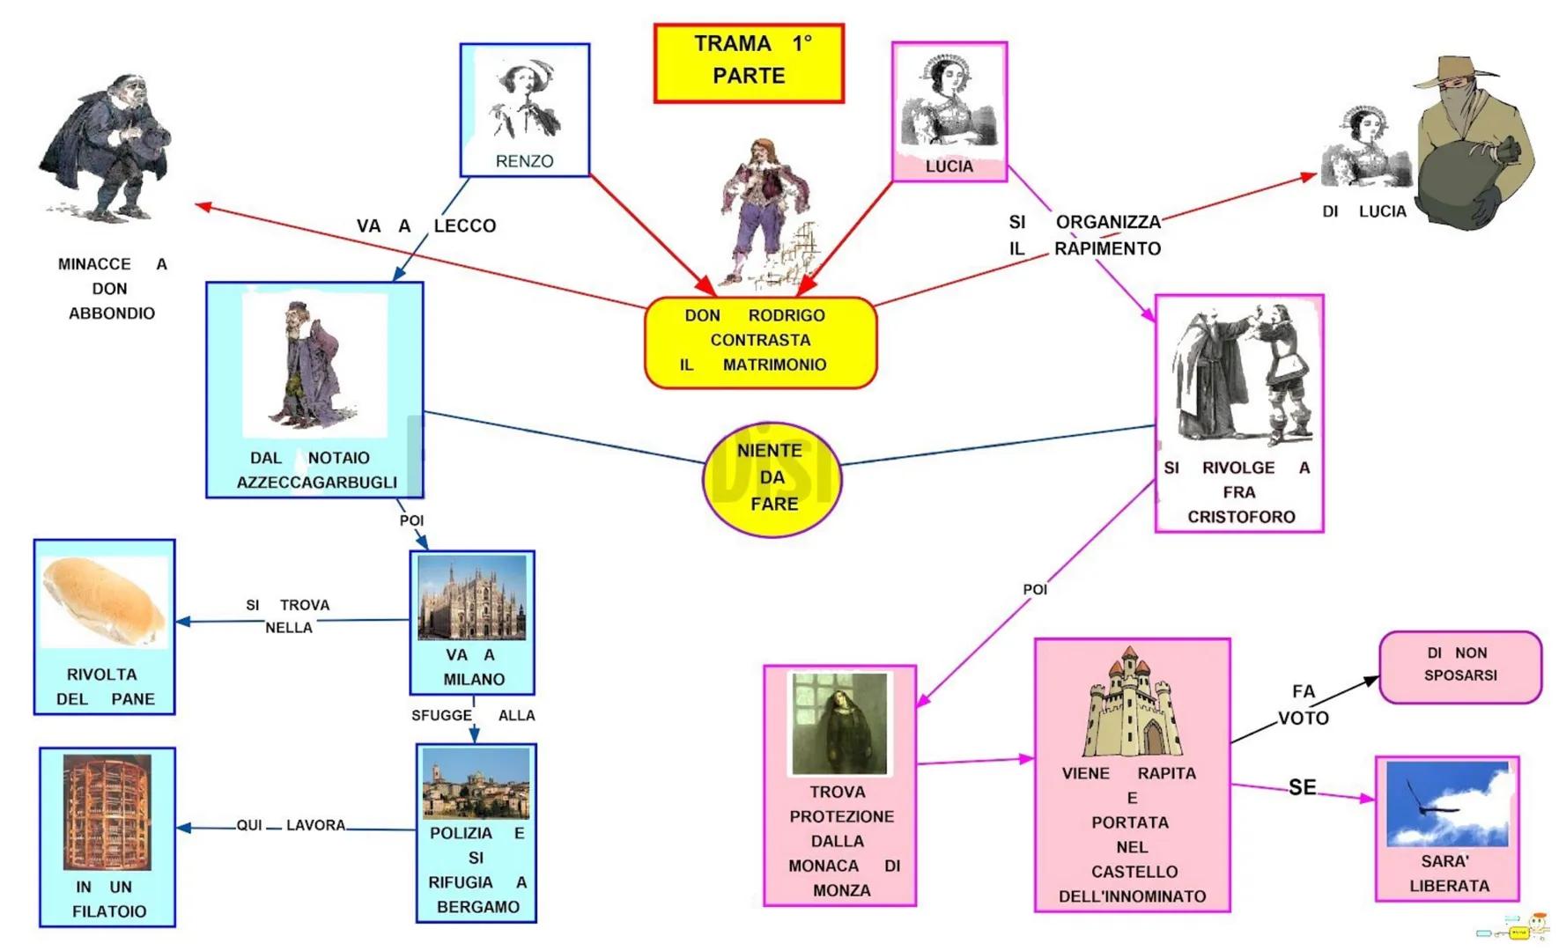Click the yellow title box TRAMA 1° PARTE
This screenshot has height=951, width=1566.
[749, 63]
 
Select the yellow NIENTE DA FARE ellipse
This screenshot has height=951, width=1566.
[772, 478]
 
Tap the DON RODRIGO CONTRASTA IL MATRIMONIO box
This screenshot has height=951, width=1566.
[760, 342]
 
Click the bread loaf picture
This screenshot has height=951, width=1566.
[104, 601]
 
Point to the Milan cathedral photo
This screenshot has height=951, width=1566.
[473, 597]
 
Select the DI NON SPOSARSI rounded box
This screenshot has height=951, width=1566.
[1459, 666]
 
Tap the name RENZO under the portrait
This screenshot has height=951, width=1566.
[524, 161]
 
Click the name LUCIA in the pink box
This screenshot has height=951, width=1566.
[949, 166]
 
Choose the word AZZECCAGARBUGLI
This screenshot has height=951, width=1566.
[316, 483]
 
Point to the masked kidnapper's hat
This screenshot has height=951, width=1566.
[1454, 74]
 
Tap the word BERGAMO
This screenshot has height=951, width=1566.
[477, 907]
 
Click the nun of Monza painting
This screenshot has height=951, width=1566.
[838, 724]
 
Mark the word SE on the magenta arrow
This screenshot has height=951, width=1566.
[1302, 787]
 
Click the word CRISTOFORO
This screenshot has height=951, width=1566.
[1241, 517]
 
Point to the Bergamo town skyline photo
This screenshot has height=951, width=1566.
[476, 783]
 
